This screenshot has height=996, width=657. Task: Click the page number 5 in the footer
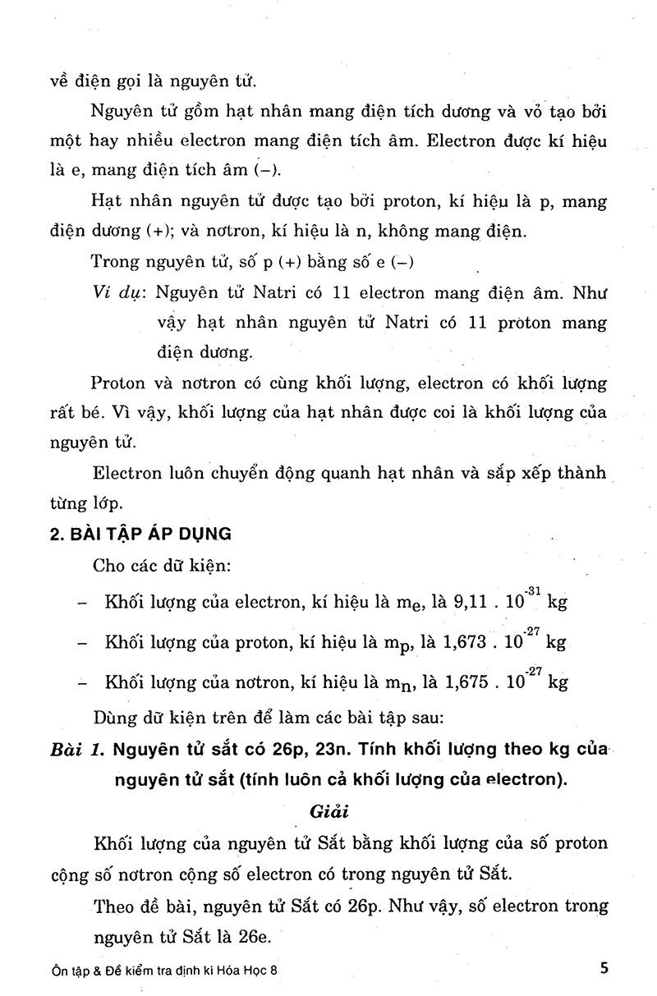click(x=604, y=966)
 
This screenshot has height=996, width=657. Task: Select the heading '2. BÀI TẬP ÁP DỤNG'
click(x=140, y=534)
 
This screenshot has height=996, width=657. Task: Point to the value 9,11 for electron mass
click(x=471, y=602)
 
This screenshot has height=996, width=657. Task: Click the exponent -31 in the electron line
click(x=533, y=591)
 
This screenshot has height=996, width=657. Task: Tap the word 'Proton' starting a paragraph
click(x=119, y=383)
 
